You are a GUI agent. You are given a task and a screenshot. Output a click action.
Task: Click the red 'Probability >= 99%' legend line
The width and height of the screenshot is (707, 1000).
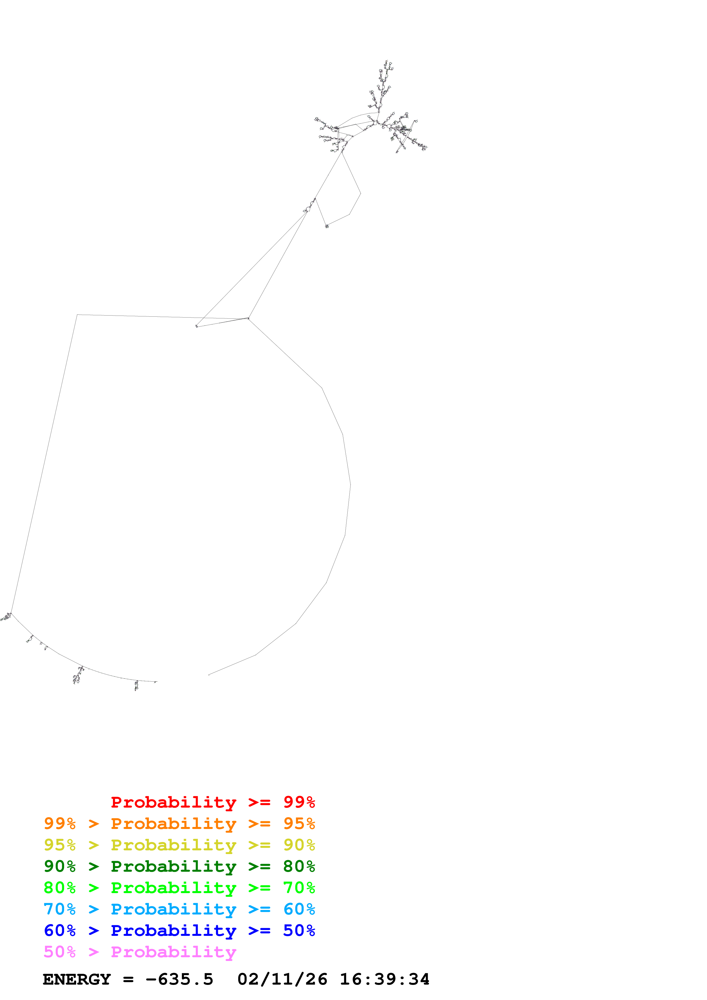pyautogui.click(x=212, y=802)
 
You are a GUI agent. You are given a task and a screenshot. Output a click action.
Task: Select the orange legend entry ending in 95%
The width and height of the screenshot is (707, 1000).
pyautogui.click(x=179, y=824)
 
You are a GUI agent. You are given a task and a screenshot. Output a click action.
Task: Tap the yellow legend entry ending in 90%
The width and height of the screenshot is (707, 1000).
pyautogui.click(x=179, y=845)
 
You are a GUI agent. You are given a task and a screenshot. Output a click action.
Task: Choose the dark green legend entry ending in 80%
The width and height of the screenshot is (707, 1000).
pyautogui.click(x=179, y=866)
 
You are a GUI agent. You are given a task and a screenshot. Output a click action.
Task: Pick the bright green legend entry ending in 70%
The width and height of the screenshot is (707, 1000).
pyautogui.click(x=179, y=888)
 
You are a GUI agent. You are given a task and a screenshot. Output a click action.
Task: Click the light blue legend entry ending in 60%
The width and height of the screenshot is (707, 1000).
pyautogui.click(x=179, y=909)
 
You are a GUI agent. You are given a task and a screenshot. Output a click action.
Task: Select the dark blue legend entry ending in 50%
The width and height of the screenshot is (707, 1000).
pyautogui.click(x=179, y=930)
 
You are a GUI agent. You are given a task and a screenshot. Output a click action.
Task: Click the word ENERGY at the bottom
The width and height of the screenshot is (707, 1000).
pyautogui.click(x=77, y=979)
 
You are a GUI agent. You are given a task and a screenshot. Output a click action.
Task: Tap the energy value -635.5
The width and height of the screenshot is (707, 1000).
pyautogui.click(x=179, y=979)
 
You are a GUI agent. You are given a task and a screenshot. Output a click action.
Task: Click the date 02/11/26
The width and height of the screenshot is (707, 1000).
pyautogui.click(x=282, y=979)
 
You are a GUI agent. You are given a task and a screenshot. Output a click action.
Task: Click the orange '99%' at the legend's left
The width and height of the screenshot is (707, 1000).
pyautogui.click(x=60, y=824)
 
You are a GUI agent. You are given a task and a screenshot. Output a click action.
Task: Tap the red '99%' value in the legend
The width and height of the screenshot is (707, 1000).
pyautogui.click(x=299, y=802)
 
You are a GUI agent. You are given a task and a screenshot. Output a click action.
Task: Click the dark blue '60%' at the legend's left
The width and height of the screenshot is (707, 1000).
pyautogui.click(x=60, y=930)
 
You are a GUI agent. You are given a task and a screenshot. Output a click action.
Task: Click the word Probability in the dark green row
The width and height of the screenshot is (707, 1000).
pyautogui.click(x=173, y=866)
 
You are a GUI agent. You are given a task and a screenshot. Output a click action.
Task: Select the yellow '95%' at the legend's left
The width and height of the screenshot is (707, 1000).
pyautogui.click(x=60, y=845)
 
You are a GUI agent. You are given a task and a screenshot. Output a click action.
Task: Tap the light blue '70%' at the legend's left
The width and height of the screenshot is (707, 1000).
pyautogui.click(x=60, y=909)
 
